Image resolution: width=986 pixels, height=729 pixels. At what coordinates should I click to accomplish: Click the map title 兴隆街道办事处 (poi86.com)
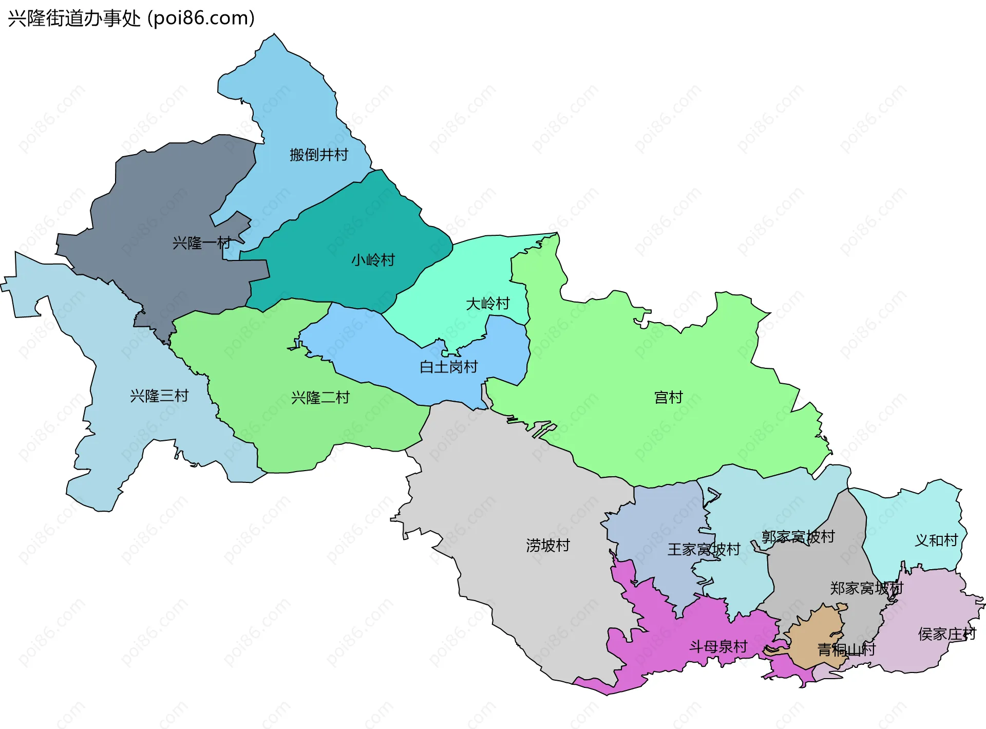click(x=131, y=18)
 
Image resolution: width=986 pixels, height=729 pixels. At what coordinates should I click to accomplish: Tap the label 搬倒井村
click(x=318, y=155)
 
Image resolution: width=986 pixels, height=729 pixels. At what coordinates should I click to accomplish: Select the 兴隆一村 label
click(x=201, y=242)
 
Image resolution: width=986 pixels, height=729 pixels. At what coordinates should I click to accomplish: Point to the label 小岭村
click(x=373, y=260)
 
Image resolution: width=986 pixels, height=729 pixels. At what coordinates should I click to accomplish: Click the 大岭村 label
click(x=487, y=304)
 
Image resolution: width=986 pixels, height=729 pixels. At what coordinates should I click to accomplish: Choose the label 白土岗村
click(x=448, y=367)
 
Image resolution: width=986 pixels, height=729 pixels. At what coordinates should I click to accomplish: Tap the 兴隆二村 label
click(x=320, y=397)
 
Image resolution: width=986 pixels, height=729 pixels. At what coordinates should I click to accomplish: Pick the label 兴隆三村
click(x=159, y=396)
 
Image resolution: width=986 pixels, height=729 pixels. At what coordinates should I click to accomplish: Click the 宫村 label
click(x=668, y=397)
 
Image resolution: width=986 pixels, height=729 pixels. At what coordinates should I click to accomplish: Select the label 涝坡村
click(x=548, y=545)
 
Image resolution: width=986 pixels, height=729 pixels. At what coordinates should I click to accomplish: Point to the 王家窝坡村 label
click(x=704, y=550)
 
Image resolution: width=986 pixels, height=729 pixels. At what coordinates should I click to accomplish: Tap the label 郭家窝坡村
click(x=798, y=537)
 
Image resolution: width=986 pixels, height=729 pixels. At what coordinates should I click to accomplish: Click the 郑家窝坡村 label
click(x=866, y=588)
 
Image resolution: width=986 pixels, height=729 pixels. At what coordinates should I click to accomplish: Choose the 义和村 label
click(x=936, y=540)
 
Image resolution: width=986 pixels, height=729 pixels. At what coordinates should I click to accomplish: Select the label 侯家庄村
click(x=946, y=634)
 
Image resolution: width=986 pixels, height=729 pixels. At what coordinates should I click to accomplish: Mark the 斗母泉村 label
click(x=718, y=646)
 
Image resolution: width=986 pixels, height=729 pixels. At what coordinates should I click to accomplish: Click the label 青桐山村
click(x=846, y=650)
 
